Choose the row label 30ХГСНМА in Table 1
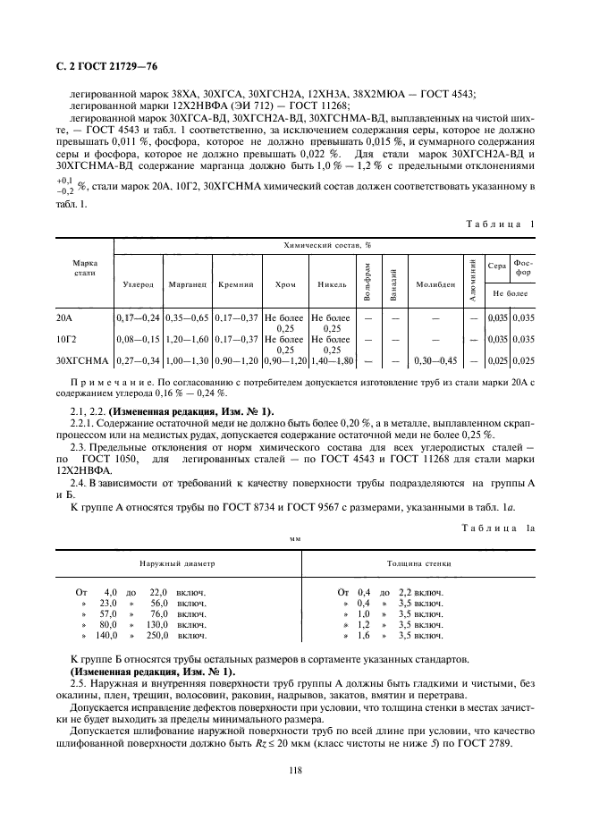pyautogui.click(x=81, y=360)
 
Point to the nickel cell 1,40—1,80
pyautogui.click(x=332, y=360)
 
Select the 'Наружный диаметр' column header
pyautogui.click(x=176, y=565)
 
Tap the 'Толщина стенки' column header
pyautogui.click(x=418, y=565)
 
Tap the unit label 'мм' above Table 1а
pyautogui.click(x=295, y=539)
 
